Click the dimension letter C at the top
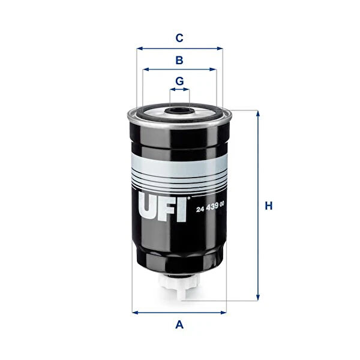pos(179,38)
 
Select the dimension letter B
pos(179,60)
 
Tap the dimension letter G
pos(179,81)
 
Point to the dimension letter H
pos(269,206)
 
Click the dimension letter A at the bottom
pos(179,325)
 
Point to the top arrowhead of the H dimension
pos(258,113)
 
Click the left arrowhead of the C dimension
pos(139,49)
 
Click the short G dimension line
pos(179,90)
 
